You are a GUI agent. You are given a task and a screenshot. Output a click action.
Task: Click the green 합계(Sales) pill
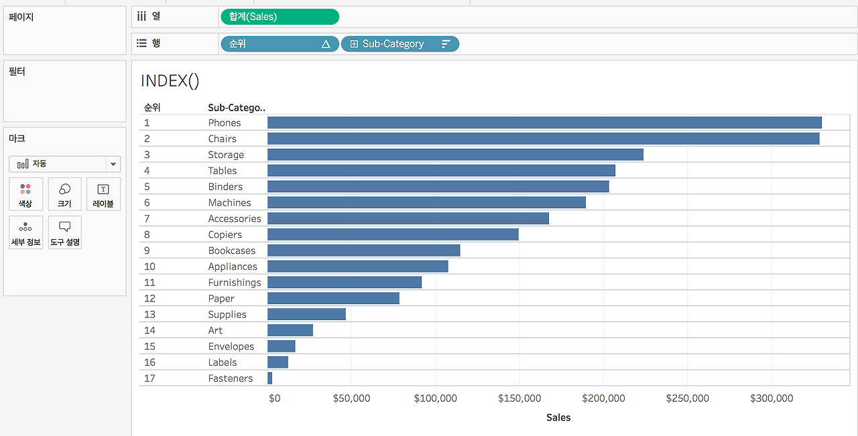(280, 17)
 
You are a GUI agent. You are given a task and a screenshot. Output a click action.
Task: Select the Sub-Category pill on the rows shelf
(400, 44)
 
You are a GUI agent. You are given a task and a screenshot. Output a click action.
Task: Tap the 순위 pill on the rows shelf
(280, 44)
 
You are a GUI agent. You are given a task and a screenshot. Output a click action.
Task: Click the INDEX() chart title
(170, 81)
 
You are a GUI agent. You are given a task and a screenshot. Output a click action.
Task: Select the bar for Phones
(544, 123)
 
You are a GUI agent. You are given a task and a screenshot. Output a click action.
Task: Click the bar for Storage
(455, 155)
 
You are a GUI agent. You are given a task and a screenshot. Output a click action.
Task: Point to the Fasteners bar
(270, 378)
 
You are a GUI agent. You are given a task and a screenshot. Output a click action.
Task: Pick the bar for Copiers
(393, 234)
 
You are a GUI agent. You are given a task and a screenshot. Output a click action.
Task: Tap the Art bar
(290, 330)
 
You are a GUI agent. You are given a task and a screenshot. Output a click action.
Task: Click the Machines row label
(229, 202)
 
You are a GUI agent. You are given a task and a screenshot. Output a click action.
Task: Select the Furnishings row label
(235, 283)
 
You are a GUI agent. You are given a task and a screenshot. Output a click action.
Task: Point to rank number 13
(149, 314)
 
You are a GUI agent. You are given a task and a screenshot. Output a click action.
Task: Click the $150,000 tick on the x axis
(519, 398)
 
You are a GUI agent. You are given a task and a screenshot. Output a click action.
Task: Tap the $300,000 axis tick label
(772, 398)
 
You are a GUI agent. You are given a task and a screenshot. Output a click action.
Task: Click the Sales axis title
(558, 417)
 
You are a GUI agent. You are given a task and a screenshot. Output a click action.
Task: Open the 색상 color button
(25, 194)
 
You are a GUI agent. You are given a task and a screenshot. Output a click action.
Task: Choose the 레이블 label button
(103, 194)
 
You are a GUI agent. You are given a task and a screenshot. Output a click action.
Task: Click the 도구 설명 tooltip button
(65, 232)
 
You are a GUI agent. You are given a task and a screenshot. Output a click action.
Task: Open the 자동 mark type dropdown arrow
(113, 164)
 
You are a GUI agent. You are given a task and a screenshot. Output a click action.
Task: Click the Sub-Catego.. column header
(237, 108)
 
